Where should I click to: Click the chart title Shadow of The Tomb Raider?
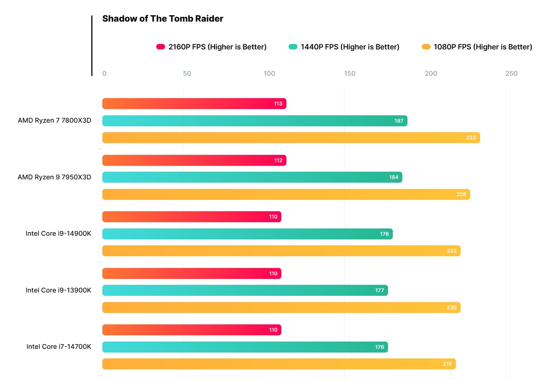point(162,19)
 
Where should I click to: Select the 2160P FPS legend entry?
point(211,47)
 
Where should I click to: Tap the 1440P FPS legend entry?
point(344,47)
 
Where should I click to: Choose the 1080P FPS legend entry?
point(477,47)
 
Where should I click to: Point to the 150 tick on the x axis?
point(350,74)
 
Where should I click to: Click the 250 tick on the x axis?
point(511,74)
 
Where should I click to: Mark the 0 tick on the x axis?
point(105,74)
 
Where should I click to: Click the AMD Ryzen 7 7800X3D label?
point(54,120)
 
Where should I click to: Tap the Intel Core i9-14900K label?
point(58,234)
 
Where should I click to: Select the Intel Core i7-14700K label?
point(59,347)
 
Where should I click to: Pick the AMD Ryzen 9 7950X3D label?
point(54,177)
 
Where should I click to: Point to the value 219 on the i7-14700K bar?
point(447,364)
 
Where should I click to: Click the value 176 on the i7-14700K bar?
point(380,347)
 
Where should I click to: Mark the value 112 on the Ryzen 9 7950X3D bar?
point(278,160)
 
